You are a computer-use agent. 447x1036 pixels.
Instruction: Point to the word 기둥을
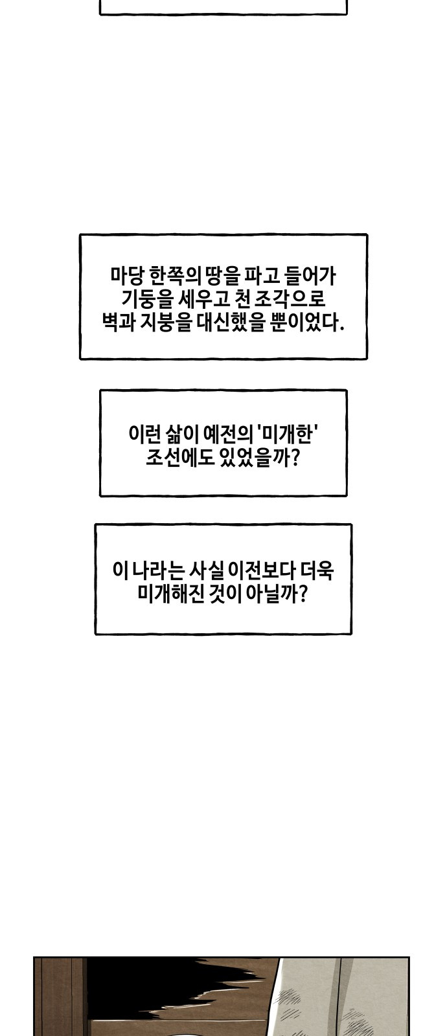pyautogui.click(x=146, y=298)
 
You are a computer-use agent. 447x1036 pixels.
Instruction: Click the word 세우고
pyautogui.click(x=203, y=298)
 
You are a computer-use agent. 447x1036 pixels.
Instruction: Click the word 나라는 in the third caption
pyautogui.click(x=159, y=570)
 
